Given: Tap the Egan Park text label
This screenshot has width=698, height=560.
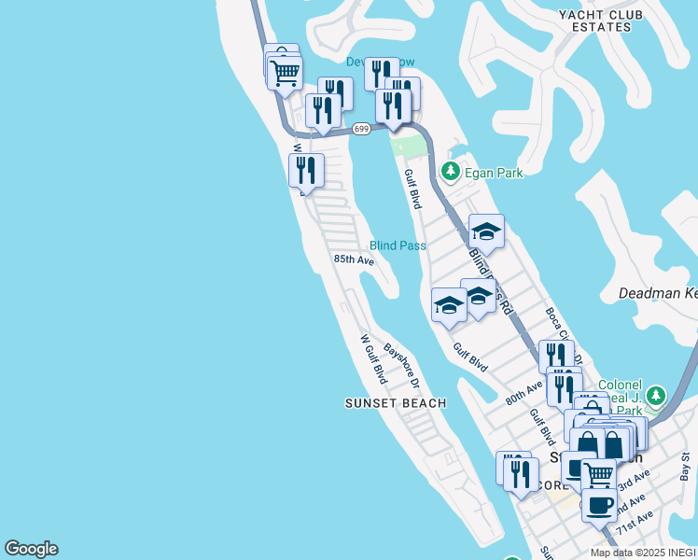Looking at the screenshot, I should tap(495, 173).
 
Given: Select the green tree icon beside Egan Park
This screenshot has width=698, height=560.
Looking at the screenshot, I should tap(451, 172).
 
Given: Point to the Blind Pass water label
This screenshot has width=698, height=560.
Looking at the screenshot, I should tap(398, 245).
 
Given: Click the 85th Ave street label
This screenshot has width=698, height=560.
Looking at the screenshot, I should tap(354, 259).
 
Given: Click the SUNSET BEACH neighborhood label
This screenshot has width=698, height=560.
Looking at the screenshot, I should tap(395, 403).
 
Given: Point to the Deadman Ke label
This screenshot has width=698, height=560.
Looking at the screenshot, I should tap(658, 293).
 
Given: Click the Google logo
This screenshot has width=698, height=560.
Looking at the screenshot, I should tap(31, 549).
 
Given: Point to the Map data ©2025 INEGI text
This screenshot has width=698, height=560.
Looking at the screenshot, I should tap(643, 553).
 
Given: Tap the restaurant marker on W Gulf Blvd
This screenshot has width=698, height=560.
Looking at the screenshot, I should tap(306, 171).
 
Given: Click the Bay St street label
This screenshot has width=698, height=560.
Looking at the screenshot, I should tap(685, 463).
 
